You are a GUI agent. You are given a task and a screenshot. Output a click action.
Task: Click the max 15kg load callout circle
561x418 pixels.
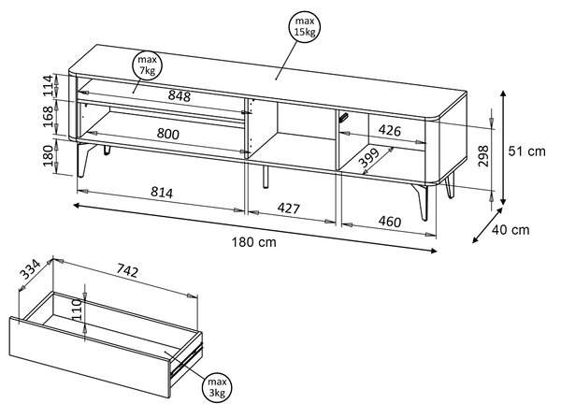pyautogui.click(x=305, y=27)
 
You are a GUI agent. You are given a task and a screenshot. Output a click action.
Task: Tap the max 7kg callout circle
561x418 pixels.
pyautogui.click(x=147, y=65)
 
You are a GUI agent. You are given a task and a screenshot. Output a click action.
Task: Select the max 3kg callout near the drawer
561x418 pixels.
pyautogui.click(x=217, y=387)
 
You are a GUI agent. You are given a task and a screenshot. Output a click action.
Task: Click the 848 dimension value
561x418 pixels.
pyautogui.click(x=180, y=96)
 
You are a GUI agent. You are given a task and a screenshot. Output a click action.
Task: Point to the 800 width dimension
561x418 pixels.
pyautogui.click(x=167, y=134)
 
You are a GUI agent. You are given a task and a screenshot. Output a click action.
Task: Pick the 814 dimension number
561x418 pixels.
pyautogui.click(x=162, y=193)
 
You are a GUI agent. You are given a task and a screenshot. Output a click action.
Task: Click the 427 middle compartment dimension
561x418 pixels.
pyautogui.click(x=289, y=208)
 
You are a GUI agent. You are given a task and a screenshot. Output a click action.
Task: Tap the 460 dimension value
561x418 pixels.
pyautogui.click(x=390, y=222)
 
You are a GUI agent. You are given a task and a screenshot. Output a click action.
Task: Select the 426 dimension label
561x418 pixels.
pyautogui.click(x=390, y=131)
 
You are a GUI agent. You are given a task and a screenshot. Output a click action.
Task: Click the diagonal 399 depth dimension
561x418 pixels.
pyautogui.click(x=369, y=158)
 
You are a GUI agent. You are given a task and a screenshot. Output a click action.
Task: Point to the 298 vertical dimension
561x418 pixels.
pyautogui.click(x=483, y=155)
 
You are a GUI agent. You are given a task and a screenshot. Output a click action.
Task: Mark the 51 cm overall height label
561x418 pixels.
pyautogui.click(x=527, y=151)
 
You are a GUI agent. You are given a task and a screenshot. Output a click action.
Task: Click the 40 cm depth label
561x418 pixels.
pyautogui.click(x=511, y=230)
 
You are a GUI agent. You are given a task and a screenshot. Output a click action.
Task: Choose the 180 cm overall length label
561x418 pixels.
pyautogui.click(x=254, y=242)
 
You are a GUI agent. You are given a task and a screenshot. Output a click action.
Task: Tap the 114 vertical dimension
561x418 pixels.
pyautogui.click(x=48, y=86)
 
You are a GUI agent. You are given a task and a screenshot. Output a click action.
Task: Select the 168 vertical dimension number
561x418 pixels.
pyautogui.click(x=48, y=117)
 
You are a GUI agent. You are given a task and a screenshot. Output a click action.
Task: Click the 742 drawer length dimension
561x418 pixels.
pyautogui.click(x=126, y=270)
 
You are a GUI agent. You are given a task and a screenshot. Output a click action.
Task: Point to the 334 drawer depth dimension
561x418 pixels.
pyautogui.click(x=30, y=269)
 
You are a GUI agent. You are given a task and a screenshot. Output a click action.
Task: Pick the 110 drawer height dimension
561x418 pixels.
pyautogui.click(x=77, y=310)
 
